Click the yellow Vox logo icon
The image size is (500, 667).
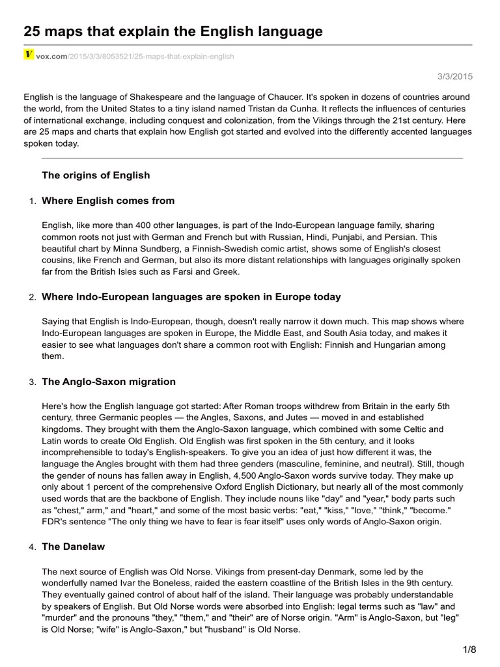29,55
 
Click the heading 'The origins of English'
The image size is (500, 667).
96,175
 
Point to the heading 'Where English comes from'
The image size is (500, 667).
108,201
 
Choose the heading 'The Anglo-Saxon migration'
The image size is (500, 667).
109,382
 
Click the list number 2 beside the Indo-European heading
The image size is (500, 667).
33,298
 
